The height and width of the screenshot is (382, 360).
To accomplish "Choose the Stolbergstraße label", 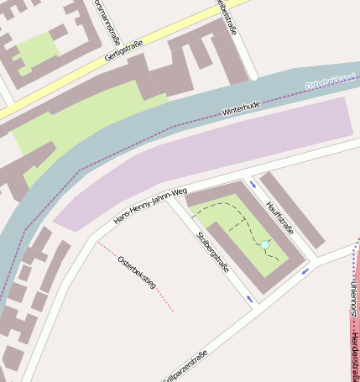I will click(x=212, y=253).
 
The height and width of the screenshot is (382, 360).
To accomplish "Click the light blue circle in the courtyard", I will click(x=264, y=244).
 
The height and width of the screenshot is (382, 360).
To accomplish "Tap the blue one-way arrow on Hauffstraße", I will click(x=253, y=184).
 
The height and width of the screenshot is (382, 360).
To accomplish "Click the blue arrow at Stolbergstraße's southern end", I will click(x=249, y=298).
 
